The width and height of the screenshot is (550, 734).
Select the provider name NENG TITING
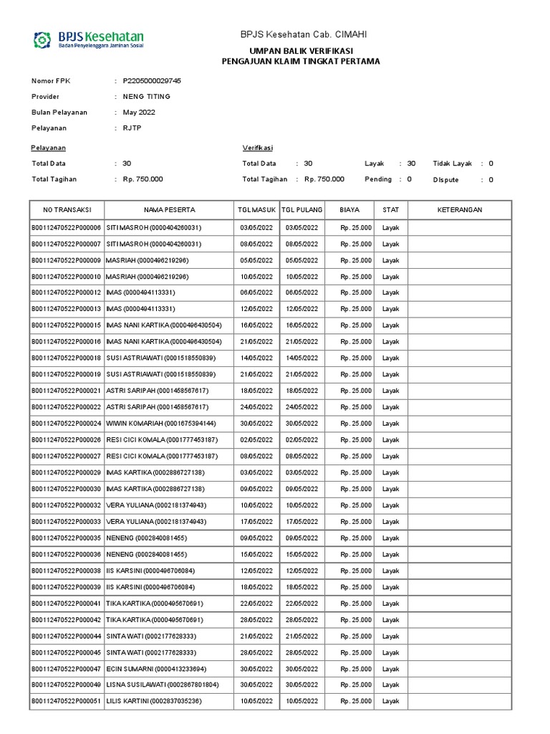pos(147,97)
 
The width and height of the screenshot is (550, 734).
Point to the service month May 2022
pos(139,113)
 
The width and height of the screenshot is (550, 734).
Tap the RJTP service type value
pos(132,128)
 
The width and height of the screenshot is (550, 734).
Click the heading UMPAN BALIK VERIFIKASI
pos(300,51)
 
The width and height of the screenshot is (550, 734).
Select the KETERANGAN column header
pos(460,210)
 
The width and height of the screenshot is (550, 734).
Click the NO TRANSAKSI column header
pos(67,210)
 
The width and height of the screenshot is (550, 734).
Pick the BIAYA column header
pos(349,210)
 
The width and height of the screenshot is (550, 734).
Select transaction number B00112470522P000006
pos(66,227)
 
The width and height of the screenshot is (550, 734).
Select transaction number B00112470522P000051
pos(66,701)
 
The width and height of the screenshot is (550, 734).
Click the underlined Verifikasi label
pos(258,148)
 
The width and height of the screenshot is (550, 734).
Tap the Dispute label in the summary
pos(445,180)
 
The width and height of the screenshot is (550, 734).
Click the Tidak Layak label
pos(453,164)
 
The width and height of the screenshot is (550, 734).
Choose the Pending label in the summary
pos(378,179)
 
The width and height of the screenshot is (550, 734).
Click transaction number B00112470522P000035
pos(66,538)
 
